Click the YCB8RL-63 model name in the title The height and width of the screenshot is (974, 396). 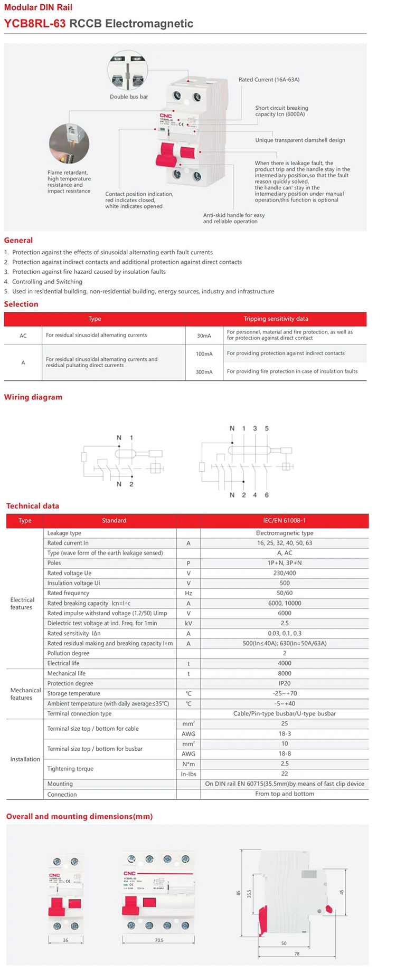pyautogui.click(x=35, y=24)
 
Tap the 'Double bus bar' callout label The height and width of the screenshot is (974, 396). pyautogui.click(x=129, y=97)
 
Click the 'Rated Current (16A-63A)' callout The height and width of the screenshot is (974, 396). pyautogui.click(x=269, y=80)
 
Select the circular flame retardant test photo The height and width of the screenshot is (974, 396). pyautogui.click(x=69, y=144)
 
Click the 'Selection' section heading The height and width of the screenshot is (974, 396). pyautogui.click(x=21, y=304)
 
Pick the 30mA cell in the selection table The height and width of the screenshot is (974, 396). pyautogui.click(x=204, y=336)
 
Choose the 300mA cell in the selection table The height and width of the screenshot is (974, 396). pyautogui.click(x=204, y=372)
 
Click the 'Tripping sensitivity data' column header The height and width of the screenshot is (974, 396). pyautogui.click(x=276, y=319)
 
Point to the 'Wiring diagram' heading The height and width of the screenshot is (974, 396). pyautogui.click(x=33, y=397)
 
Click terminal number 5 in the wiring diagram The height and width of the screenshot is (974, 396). pyautogui.click(x=267, y=428)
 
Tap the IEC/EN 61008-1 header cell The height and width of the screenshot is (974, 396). pyautogui.click(x=285, y=521)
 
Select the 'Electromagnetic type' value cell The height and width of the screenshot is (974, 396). pyautogui.click(x=285, y=533)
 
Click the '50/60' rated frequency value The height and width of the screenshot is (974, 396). pyautogui.click(x=285, y=594)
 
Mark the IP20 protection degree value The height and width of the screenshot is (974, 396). pyautogui.click(x=285, y=684)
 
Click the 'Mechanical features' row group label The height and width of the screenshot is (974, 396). pyautogui.click(x=25, y=694)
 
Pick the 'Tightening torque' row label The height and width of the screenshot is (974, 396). pyautogui.click(x=70, y=769)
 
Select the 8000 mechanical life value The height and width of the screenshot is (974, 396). pyautogui.click(x=285, y=674)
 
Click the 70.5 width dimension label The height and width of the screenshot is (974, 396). pyautogui.click(x=159, y=940)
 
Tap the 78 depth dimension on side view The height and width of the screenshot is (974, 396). pyautogui.click(x=297, y=953)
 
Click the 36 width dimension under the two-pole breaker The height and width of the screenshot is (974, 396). pyautogui.click(x=65, y=940)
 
